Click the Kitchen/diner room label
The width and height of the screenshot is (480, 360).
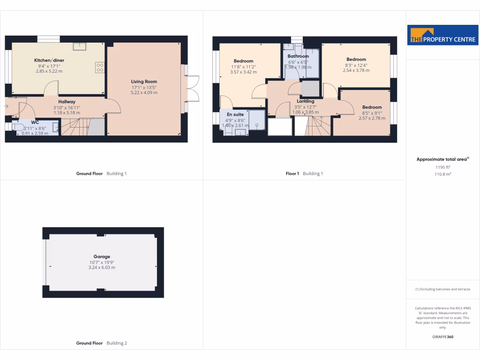[49, 60]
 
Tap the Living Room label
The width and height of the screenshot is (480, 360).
[144, 82]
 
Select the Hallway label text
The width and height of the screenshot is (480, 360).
[67, 102]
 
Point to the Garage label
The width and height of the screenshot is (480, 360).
[102, 256]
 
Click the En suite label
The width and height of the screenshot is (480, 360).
[235, 114]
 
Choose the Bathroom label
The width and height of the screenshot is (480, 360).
[298, 56]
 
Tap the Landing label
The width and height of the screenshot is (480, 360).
[305, 101]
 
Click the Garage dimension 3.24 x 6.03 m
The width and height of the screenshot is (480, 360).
[102, 268]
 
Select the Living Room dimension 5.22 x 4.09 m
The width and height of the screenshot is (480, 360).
[144, 93]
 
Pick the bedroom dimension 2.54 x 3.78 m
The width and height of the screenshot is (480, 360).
[356, 71]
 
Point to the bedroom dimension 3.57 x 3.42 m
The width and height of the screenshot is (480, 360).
[243, 72]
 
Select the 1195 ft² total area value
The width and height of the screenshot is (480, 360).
[443, 167]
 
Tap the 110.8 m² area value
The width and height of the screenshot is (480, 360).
[443, 174]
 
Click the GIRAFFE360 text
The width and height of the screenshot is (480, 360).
[443, 337]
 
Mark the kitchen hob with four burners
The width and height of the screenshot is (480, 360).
[99, 67]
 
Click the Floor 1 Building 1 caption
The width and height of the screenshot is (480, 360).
[305, 173]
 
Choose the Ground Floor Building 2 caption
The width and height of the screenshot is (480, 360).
[102, 343]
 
